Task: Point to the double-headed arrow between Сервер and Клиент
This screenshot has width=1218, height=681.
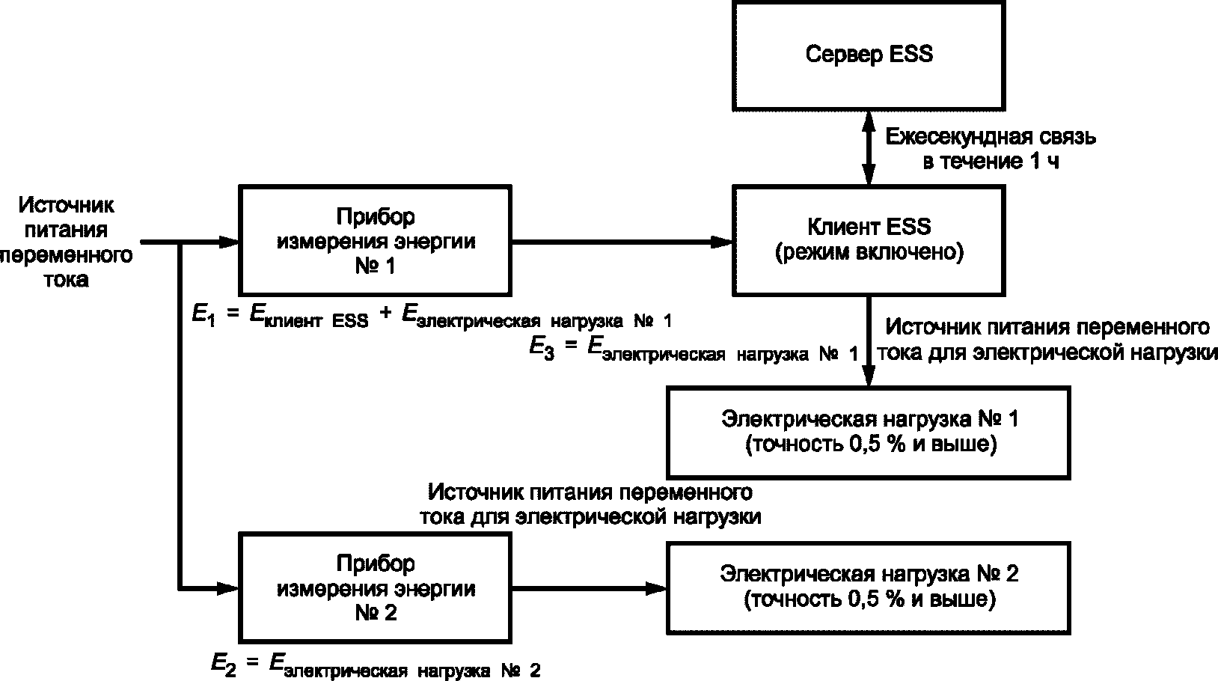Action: click(869, 148)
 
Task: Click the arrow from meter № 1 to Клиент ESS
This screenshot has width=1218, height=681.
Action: click(622, 242)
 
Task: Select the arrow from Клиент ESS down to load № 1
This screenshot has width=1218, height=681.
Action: click(869, 341)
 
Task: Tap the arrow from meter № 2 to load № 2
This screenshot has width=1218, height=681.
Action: click(590, 588)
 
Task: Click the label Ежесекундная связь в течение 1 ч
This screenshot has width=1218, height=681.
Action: click(990, 148)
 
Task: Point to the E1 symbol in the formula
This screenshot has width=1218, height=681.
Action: click(204, 315)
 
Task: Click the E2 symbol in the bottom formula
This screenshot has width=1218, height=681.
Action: click(223, 664)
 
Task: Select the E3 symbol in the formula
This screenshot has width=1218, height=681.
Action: click(542, 348)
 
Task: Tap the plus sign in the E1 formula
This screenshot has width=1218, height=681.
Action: click(385, 312)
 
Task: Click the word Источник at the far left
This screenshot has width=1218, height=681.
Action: click(67, 206)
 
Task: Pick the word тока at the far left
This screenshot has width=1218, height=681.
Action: click(66, 280)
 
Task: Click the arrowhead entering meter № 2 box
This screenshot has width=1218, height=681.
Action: click(228, 588)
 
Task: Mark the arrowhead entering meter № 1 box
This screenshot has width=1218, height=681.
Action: click(228, 242)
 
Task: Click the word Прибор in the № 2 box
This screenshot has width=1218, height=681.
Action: click(375, 564)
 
